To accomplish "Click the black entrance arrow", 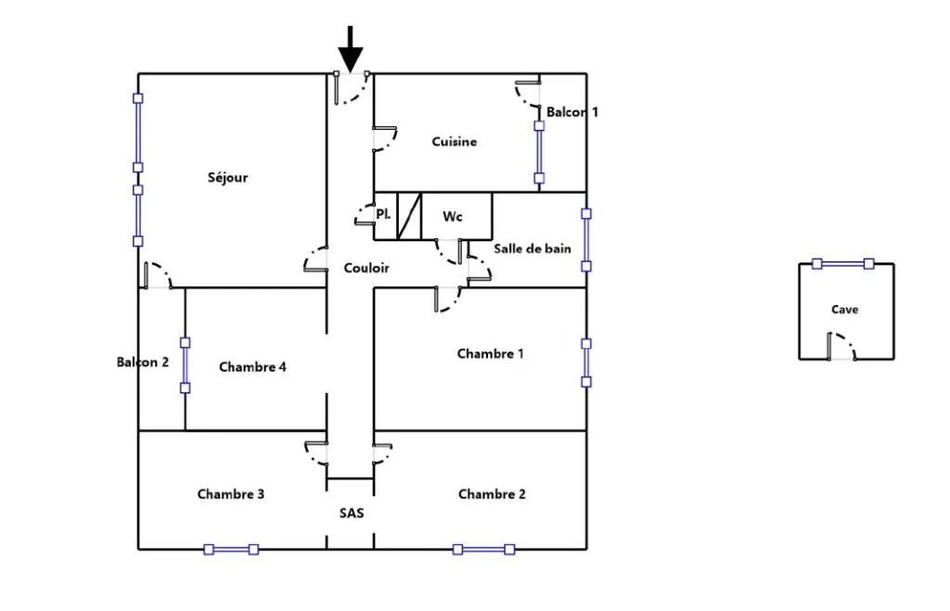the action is point(350,49).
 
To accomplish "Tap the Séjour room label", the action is point(228,178).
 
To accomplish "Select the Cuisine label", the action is point(455,142).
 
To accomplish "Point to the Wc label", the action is point(453,217).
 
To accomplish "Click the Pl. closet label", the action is point(383,214).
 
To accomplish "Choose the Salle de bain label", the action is point(532,248).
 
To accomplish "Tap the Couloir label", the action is point(366,268).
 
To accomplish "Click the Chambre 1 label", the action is point(490,353).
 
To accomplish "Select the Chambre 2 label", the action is point(492,494).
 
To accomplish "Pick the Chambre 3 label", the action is point(231,494).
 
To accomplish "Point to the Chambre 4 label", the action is point(252,367).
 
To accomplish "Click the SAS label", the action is point(352,514).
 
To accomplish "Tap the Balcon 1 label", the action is point(571,112).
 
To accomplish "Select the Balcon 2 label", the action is point(142,363).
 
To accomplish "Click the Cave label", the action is point(844,310).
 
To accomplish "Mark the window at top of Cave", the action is point(842,264).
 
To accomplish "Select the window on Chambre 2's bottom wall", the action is point(483,550).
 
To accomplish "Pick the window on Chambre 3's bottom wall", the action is point(231,550).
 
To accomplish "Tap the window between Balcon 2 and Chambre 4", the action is point(186,365).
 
